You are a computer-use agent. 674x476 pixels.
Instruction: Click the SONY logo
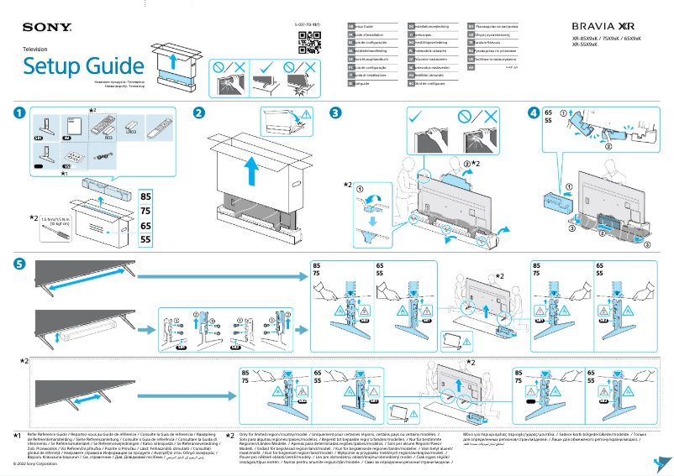(41, 27)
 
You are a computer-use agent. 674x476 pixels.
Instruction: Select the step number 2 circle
(199, 112)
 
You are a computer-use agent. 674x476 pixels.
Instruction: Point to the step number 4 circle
(534, 112)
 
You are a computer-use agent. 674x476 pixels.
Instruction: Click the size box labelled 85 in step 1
(145, 196)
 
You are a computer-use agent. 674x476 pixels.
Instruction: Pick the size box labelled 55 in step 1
(145, 239)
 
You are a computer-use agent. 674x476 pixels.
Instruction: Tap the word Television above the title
(34, 50)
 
